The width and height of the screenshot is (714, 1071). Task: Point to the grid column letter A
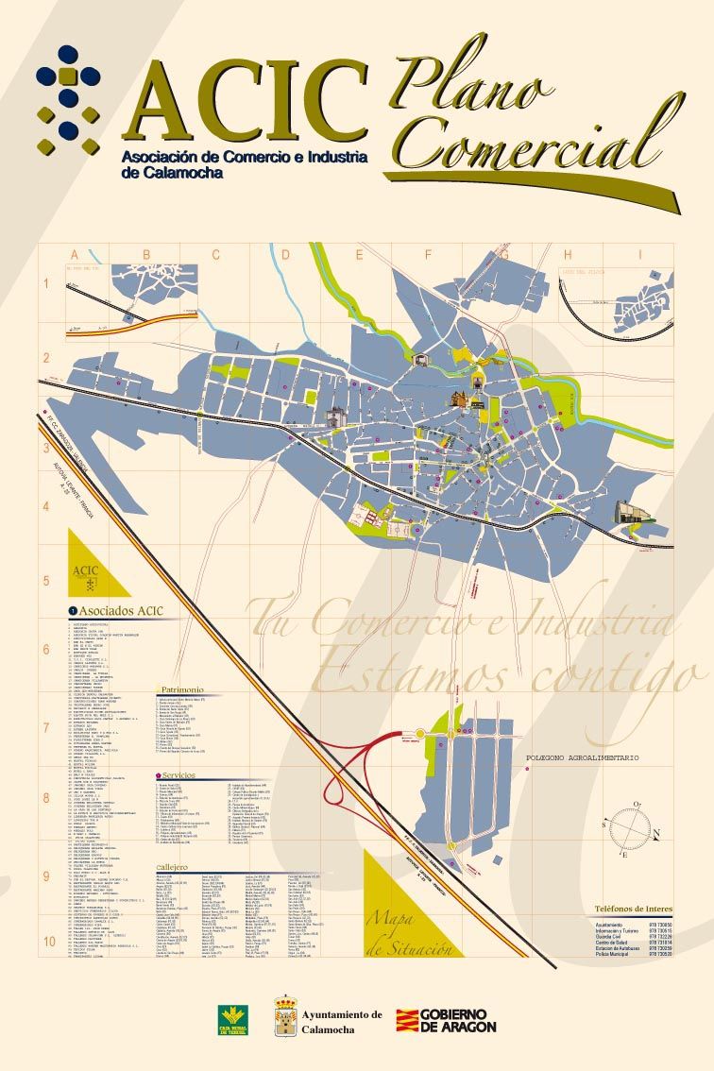74,254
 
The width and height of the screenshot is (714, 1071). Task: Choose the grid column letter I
639,254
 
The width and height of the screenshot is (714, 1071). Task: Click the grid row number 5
45,580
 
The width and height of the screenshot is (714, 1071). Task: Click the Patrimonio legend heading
181,690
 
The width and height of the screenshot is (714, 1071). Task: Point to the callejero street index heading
172,866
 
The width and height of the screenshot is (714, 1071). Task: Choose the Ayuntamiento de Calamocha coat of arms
286,1016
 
